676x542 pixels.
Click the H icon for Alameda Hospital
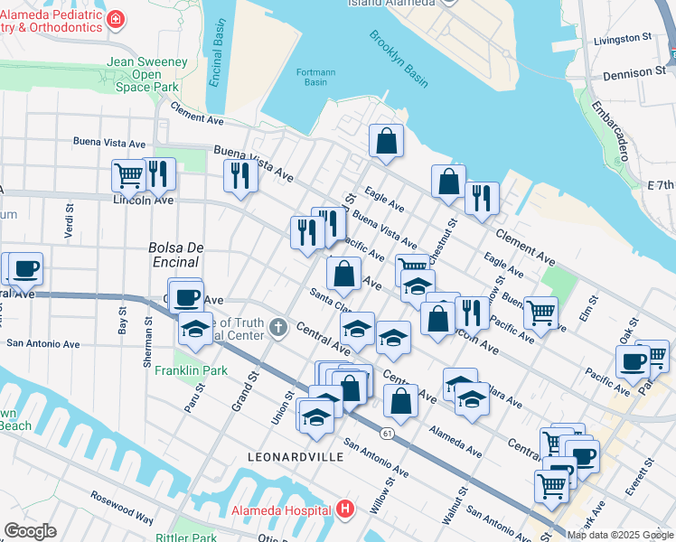pyautogui.click(x=344, y=509)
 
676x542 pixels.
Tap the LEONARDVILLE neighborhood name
pyautogui.click(x=296, y=457)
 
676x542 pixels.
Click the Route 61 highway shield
pyautogui.click(x=386, y=434)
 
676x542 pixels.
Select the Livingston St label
pyautogui.click(x=623, y=39)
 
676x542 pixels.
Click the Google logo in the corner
pyautogui.click(x=31, y=531)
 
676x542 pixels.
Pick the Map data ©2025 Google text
pyautogui.click(x=620, y=535)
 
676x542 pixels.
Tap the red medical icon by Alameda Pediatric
pyautogui.click(x=115, y=19)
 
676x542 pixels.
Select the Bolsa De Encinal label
pyautogui.click(x=174, y=255)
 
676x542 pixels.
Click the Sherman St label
pyautogui.click(x=147, y=340)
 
